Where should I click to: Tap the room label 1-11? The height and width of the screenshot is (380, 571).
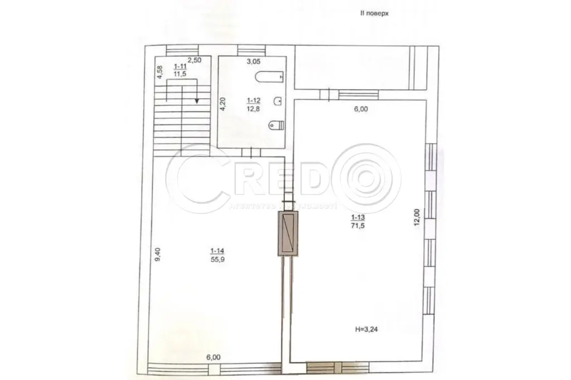click(x=180, y=65)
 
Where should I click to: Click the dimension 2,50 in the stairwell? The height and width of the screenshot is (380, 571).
click(x=194, y=60)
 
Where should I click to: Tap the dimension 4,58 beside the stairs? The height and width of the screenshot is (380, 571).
click(x=159, y=73)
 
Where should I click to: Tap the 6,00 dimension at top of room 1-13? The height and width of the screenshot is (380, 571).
click(x=361, y=109)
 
